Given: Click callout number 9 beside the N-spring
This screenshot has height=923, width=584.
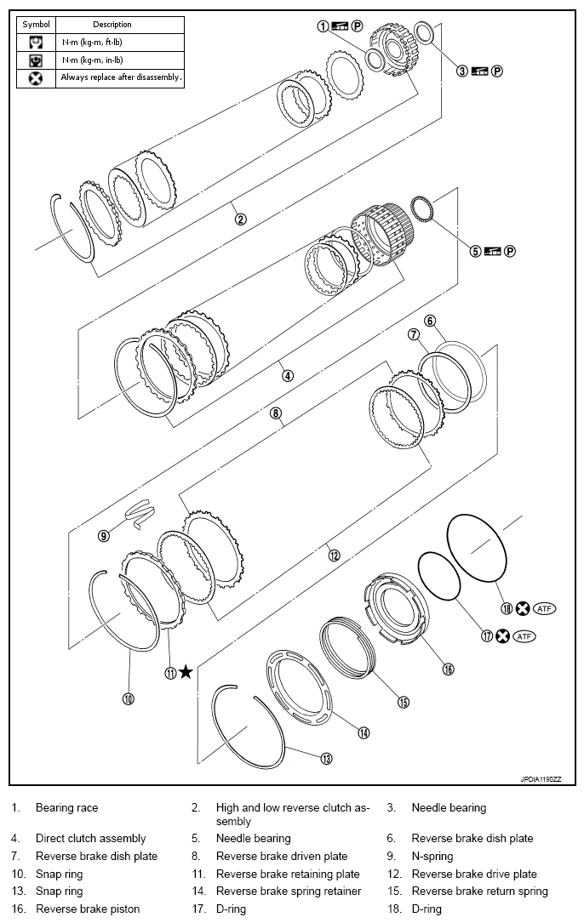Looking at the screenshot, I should coord(103,536).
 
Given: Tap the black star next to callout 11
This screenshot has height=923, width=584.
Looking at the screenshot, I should coord(186,672).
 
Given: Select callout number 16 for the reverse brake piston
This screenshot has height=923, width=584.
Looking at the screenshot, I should coord(448,669).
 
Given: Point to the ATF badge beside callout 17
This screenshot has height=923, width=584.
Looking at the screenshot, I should coord(525,635).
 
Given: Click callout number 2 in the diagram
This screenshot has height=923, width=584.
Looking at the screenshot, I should coord(241,219).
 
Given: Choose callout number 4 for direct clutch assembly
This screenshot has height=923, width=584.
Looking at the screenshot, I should coord(288,375).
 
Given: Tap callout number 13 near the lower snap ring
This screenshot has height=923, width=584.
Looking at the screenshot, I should coord(325,758).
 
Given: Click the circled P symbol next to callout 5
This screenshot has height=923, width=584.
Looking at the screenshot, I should coord(510,251).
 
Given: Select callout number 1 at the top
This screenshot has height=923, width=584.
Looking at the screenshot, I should coord(323,26).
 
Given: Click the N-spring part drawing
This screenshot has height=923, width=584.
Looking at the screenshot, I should coord(138,510).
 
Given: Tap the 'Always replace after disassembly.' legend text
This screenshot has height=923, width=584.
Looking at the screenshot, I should coord(121,77).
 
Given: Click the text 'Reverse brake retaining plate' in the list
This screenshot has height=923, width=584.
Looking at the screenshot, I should coord(287,874).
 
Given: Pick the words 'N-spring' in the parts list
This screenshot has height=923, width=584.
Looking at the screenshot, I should coord(432,856).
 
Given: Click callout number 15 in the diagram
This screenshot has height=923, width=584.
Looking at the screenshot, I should coord(404,702).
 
